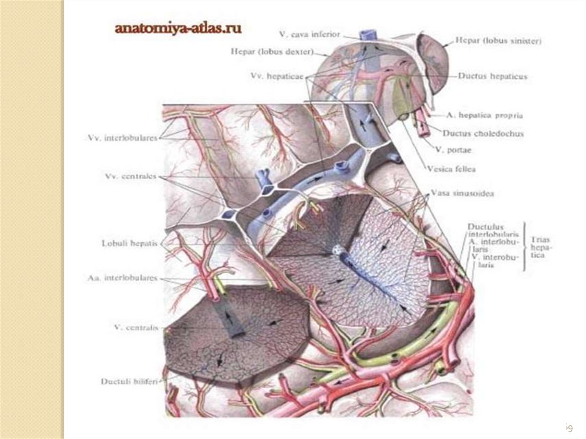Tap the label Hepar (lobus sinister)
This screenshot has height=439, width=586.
pos(498,41)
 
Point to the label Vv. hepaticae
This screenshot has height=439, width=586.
pos(277,76)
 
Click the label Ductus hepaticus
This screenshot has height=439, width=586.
pos(492,76)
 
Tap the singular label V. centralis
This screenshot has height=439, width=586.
pos(135,327)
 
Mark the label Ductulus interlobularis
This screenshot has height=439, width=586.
pos(493,230)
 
